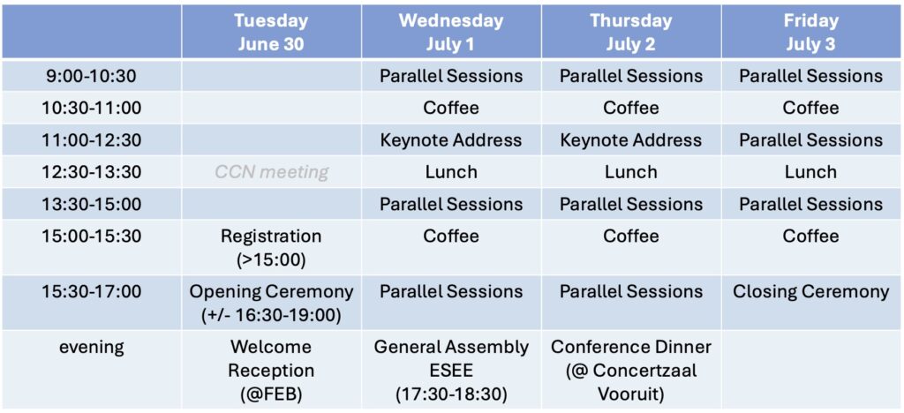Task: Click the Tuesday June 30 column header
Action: (271, 33)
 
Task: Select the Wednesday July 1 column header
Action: (451, 33)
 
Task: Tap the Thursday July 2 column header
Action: (631, 33)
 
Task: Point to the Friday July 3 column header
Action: (811, 33)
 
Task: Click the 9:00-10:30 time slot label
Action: (92, 76)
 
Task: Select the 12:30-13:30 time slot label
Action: (92, 172)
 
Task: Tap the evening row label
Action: (92, 348)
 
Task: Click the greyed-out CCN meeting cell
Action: (271, 172)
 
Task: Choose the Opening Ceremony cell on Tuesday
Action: (271, 303)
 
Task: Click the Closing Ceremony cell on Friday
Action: (811, 292)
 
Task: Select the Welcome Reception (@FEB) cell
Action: (271, 371)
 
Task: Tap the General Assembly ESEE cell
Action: (451, 371)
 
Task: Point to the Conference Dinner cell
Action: (631, 371)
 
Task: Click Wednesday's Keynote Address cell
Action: (451, 140)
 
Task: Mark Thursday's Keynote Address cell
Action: (631, 140)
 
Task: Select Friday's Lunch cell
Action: (811, 172)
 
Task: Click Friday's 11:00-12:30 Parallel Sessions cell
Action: (811, 140)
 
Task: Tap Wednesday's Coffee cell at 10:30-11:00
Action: (451, 108)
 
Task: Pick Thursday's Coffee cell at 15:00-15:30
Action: (631, 237)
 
